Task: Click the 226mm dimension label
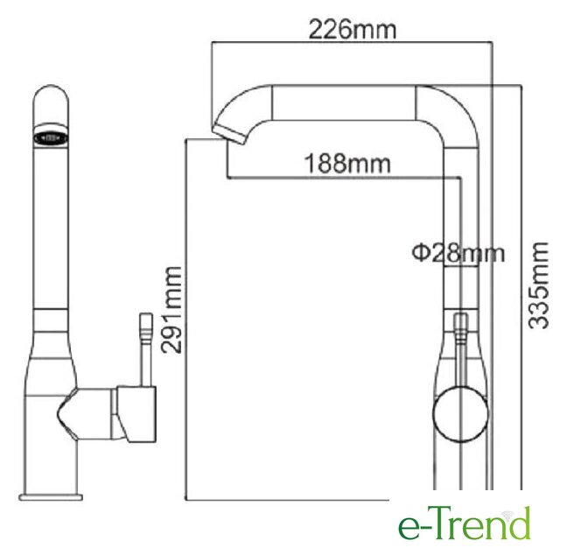point(353,30)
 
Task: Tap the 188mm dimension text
point(347,164)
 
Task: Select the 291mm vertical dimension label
point(171,310)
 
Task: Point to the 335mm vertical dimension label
point(538,286)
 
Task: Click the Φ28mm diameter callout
point(458,253)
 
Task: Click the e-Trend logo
point(465,523)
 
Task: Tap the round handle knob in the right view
point(460,414)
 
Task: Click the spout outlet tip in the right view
point(229,134)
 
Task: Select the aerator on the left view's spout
point(51,137)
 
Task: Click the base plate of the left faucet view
point(51,496)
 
